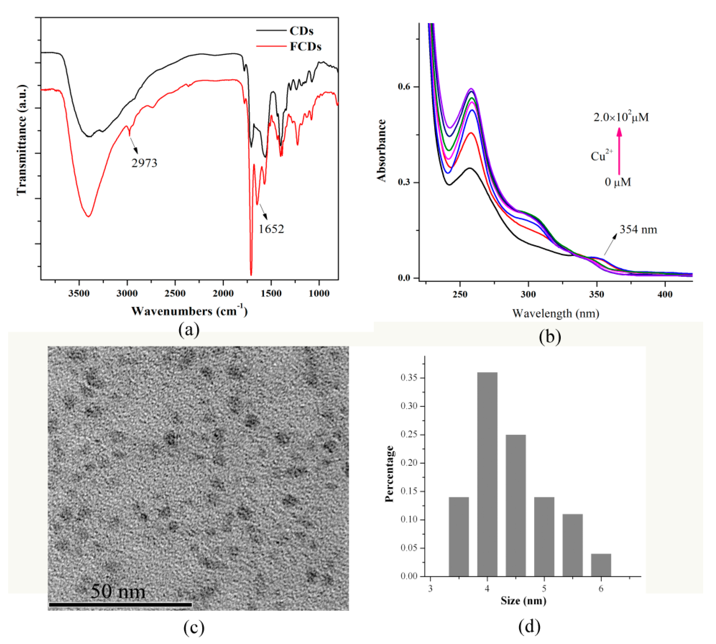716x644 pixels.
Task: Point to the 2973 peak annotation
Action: [144, 163]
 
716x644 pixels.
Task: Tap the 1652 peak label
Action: [271, 229]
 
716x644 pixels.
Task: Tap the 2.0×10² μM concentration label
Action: [621, 117]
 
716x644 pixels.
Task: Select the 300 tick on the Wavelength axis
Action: [528, 294]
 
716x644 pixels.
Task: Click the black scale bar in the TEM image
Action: [120, 605]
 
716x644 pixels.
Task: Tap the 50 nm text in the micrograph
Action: [118, 591]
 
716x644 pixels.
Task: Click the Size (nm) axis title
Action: [523, 601]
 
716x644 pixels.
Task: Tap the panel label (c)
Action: [194, 627]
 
